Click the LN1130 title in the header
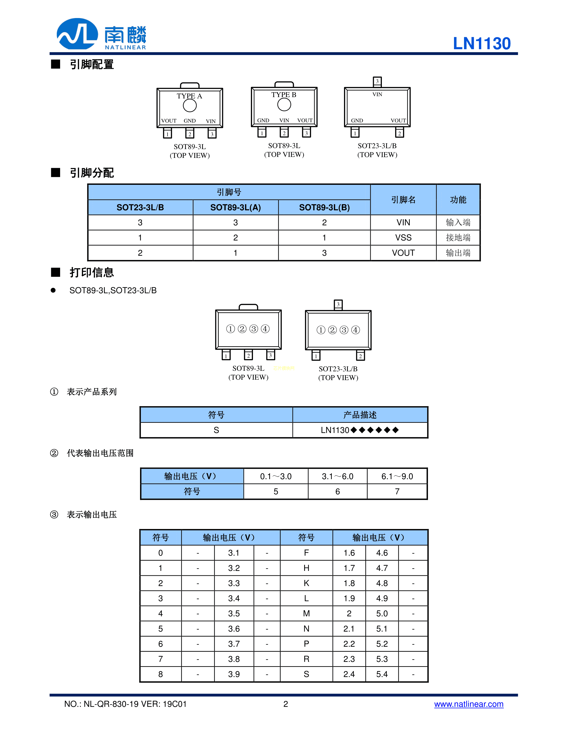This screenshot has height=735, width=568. (x=482, y=44)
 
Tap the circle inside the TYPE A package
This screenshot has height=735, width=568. (x=190, y=106)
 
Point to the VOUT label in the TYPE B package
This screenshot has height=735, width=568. (x=305, y=120)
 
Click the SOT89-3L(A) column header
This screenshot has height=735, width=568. (x=236, y=208)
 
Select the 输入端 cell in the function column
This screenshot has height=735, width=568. (x=458, y=222)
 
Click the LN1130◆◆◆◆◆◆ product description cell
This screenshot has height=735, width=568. (x=360, y=430)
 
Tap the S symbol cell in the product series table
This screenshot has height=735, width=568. (x=216, y=430)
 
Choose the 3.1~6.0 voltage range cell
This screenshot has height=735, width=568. (x=338, y=476)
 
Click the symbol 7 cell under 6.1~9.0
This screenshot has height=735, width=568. (x=397, y=492)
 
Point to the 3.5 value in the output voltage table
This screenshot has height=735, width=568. (x=234, y=613)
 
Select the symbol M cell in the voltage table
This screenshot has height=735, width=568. (x=306, y=613)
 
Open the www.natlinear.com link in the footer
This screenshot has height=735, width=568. (x=468, y=704)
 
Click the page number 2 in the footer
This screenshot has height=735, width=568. (x=286, y=704)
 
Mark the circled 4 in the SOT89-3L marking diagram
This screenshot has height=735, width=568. (x=265, y=329)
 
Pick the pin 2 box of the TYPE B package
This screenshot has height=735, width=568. (x=284, y=133)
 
